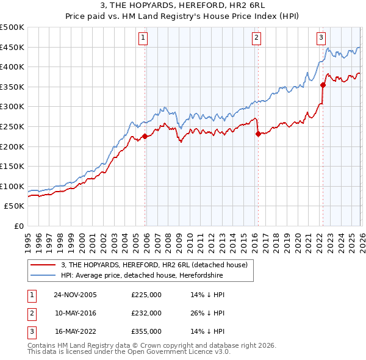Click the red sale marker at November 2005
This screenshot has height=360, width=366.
pyautogui.click(x=145, y=136)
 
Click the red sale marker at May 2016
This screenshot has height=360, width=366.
pyautogui.click(x=258, y=134)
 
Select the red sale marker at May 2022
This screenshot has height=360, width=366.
pyautogui.click(x=323, y=85)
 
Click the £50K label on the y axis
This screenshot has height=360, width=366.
pyautogui.click(x=15, y=206)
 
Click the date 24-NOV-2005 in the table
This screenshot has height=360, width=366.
pyautogui.click(x=75, y=295)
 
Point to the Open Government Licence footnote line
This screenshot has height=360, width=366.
pyautogui.click(x=129, y=352)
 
